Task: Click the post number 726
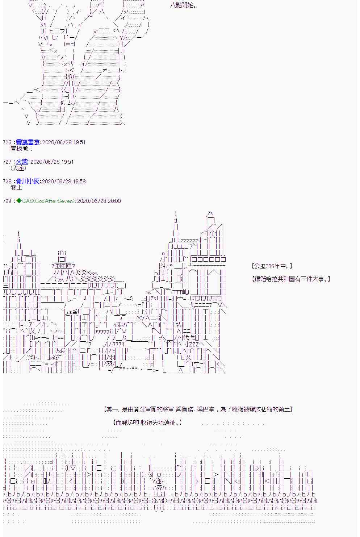click(x=7, y=142)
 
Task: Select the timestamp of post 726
click(x=64, y=142)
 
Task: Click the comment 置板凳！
click(x=22, y=149)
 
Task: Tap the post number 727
click(x=7, y=162)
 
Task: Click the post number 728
click(x=7, y=182)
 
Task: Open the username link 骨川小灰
click(x=28, y=181)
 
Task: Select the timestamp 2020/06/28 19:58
click(x=64, y=182)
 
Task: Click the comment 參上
click(x=17, y=188)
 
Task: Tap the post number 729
click(x=7, y=201)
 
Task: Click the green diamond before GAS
click(x=19, y=201)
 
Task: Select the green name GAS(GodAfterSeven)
click(x=49, y=201)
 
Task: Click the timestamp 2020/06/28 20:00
click(x=99, y=201)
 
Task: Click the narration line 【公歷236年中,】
click(x=272, y=266)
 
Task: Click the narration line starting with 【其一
click(x=198, y=409)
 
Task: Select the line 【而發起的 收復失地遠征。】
click(x=147, y=422)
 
